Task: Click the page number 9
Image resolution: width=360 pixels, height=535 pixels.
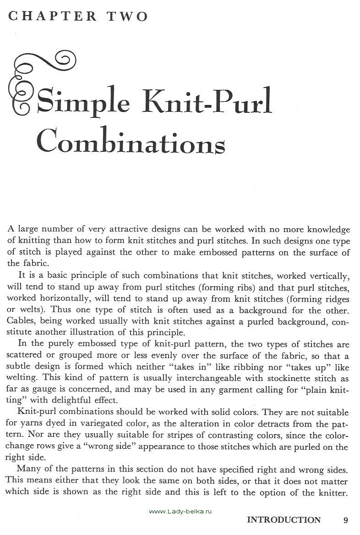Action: (x=346, y=519)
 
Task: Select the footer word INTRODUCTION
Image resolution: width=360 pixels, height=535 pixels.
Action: (x=284, y=519)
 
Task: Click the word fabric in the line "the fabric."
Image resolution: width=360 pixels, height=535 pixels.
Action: (x=34, y=264)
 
